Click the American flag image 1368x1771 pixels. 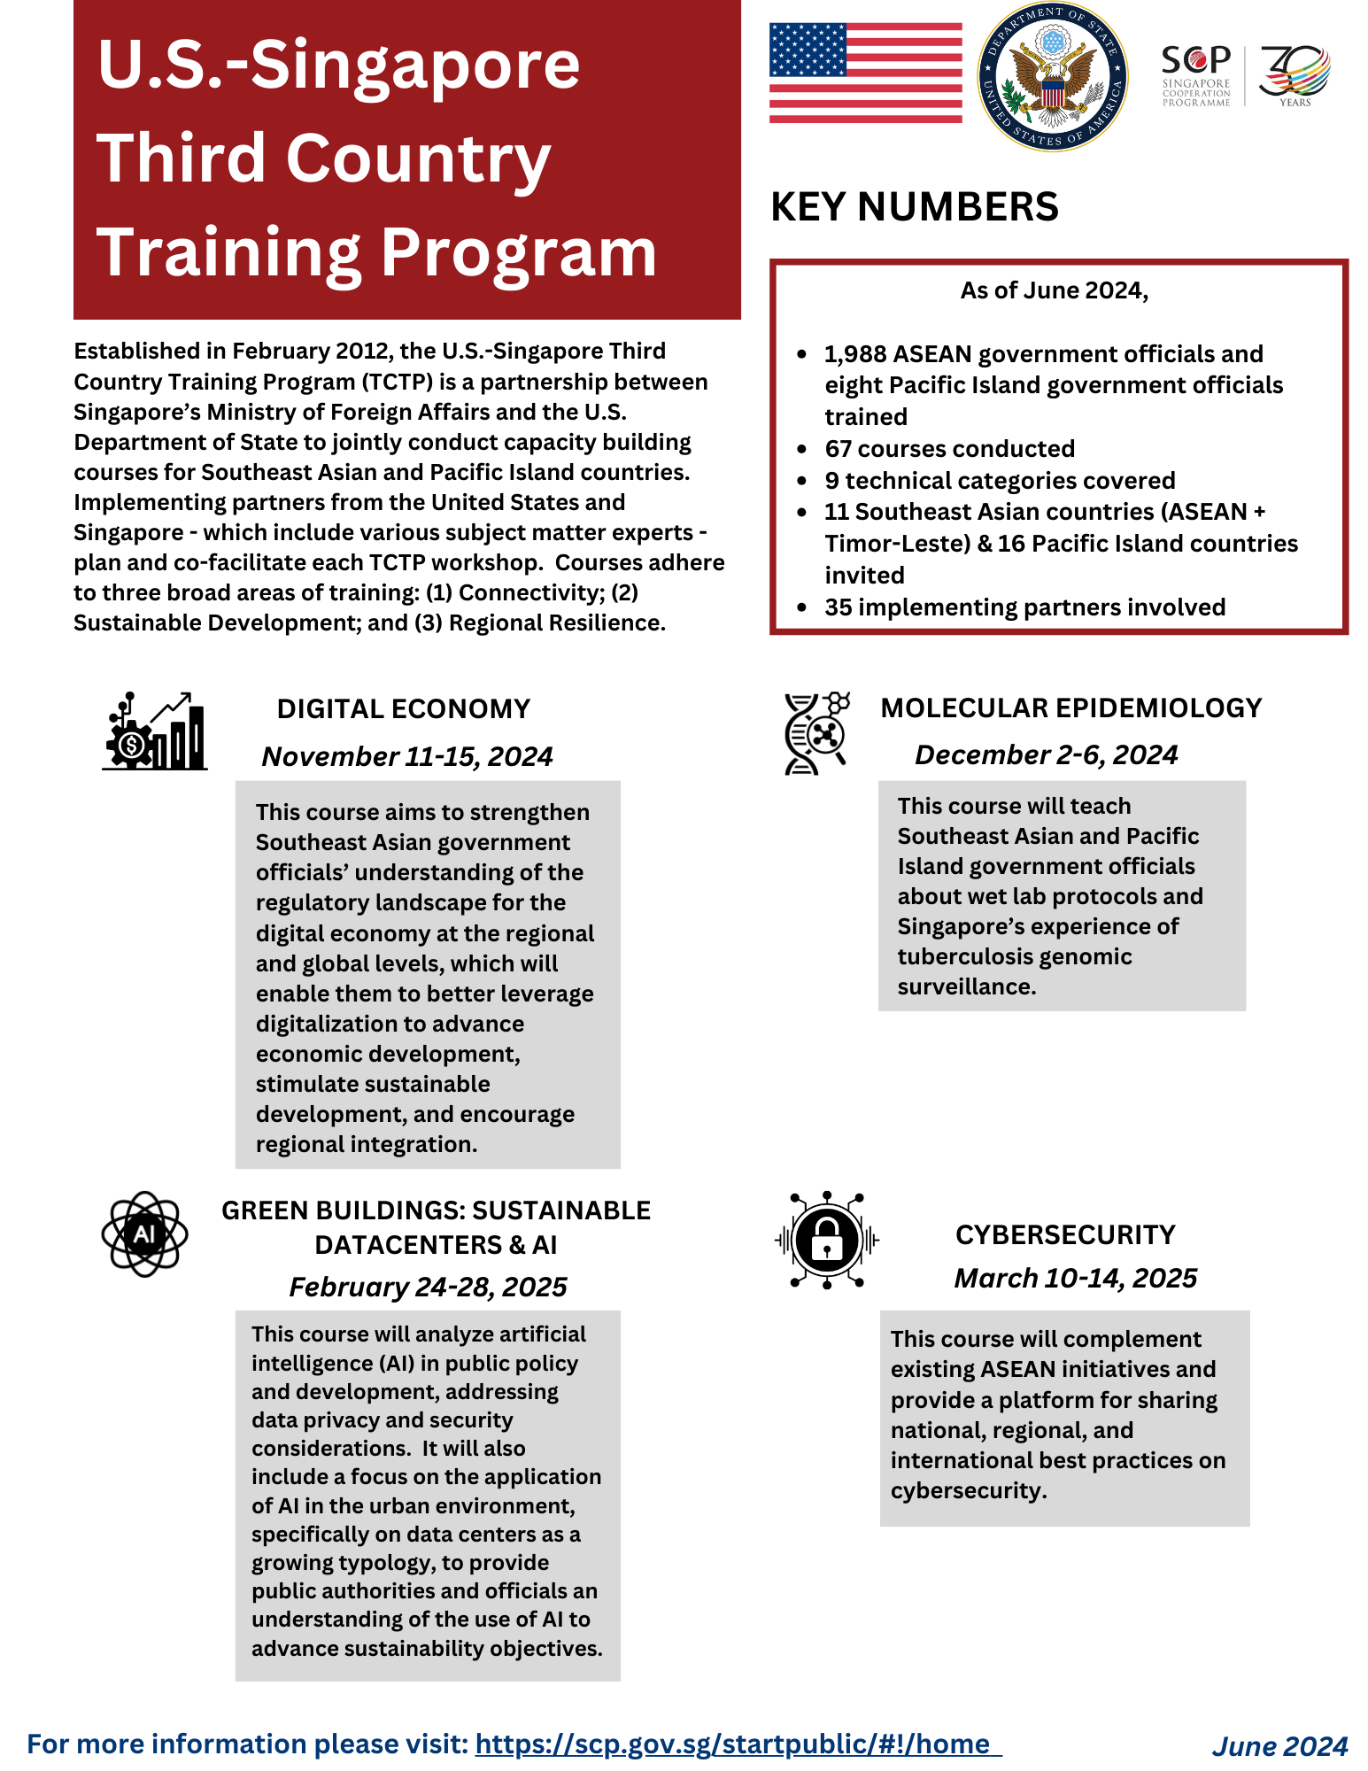(x=865, y=73)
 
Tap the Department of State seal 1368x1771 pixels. (x=1052, y=77)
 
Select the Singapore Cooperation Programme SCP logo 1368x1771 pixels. (x=1196, y=75)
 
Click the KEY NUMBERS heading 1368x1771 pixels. (x=914, y=207)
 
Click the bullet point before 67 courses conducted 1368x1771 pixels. (x=802, y=450)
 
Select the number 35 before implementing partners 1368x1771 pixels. (x=838, y=607)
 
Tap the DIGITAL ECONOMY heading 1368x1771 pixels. (x=403, y=709)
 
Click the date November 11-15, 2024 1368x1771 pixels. (x=407, y=757)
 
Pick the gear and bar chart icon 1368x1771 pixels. (x=155, y=731)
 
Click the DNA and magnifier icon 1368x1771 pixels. (x=816, y=733)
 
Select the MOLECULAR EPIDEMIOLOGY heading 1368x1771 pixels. (x=1070, y=708)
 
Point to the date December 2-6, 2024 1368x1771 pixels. (x=1046, y=755)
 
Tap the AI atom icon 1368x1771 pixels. (x=144, y=1234)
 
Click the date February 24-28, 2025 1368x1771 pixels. (x=428, y=1288)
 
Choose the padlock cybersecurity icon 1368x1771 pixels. (x=827, y=1240)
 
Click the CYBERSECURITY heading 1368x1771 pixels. (x=1065, y=1235)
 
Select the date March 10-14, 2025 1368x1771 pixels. (x=1075, y=1279)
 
